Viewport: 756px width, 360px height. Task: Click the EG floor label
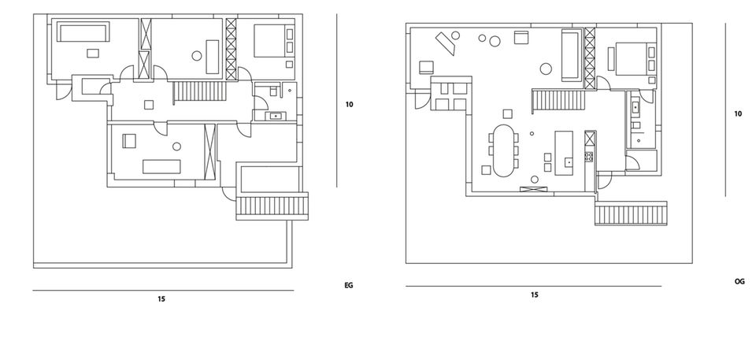click(348, 285)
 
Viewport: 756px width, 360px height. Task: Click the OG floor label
click(739, 281)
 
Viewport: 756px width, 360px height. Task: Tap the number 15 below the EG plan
click(161, 299)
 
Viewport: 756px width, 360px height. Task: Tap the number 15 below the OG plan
click(534, 295)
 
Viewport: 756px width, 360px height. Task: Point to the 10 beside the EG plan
click(349, 104)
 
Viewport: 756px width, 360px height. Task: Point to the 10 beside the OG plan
click(738, 114)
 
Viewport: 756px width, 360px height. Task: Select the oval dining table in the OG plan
click(503, 150)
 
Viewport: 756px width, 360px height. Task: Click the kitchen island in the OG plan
click(564, 153)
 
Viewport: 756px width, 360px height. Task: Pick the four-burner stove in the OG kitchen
click(589, 156)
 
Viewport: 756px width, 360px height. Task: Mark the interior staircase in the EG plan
click(200, 91)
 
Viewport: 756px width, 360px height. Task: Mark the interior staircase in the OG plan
click(558, 102)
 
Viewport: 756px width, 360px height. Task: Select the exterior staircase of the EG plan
click(272, 206)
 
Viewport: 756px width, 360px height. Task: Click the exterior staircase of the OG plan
click(631, 213)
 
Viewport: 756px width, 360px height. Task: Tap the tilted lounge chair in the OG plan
click(446, 42)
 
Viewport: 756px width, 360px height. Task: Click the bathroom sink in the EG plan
click(275, 116)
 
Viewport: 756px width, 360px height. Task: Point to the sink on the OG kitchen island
click(569, 162)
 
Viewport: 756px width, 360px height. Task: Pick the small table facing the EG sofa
click(93, 53)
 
